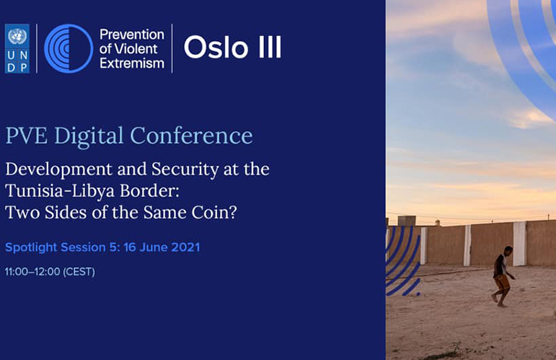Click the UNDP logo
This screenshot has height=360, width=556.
17,48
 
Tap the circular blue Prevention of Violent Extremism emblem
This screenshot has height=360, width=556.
69,48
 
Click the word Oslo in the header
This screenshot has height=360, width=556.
216,47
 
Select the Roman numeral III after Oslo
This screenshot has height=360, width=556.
270,47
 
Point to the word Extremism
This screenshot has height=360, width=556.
132,63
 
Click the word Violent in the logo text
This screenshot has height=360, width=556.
136,48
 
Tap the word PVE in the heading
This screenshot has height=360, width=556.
27,136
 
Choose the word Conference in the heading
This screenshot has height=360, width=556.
192,136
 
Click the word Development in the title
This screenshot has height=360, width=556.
59,170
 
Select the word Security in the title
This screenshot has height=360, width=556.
185,170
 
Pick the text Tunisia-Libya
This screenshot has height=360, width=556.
60,190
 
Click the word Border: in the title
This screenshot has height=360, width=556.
150,190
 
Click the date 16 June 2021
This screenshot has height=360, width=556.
162,247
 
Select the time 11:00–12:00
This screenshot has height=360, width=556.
32,272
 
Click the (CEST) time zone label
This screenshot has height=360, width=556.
79,272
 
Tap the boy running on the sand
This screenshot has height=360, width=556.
503,276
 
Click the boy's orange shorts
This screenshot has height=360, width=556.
502,282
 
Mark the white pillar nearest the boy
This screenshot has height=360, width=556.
519,244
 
